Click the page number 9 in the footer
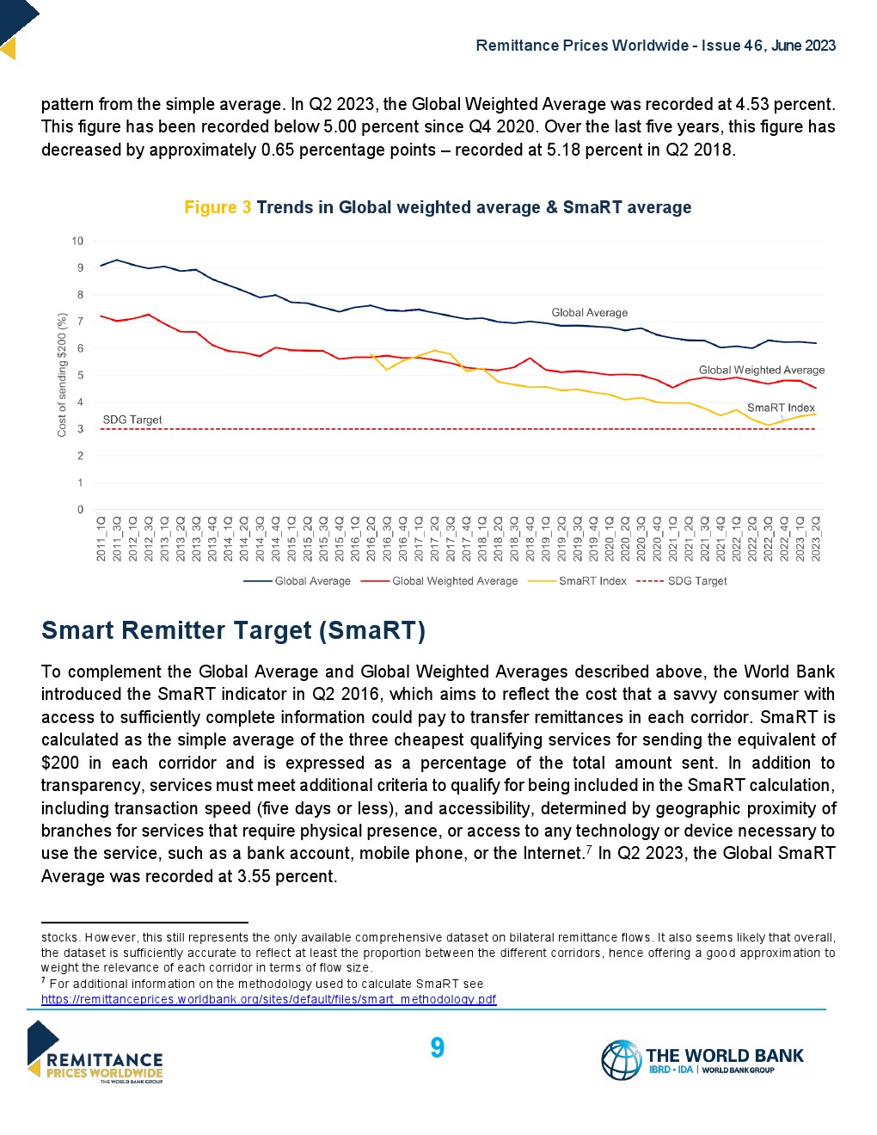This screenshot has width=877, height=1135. [x=437, y=1047]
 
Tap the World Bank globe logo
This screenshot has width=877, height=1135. [x=621, y=1059]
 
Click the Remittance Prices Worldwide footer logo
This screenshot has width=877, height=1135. [x=95, y=1052]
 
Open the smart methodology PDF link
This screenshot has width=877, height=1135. [x=268, y=999]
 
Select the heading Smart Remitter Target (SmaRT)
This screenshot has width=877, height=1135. [x=233, y=630]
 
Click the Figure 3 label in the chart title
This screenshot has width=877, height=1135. [x=218, y=207]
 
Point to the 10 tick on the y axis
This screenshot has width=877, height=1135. [x=77, y=241]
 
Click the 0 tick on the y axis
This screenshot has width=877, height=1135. [x=81, y=510]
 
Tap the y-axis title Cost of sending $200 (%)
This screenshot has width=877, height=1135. [x=62, y=374]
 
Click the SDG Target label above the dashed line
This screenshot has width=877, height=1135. [x=132, y=420]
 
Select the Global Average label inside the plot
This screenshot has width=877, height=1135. [x=589, y=312]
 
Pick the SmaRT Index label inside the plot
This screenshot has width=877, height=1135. [x=781, y=408]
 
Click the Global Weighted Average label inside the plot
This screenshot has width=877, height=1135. [x=761, y=370]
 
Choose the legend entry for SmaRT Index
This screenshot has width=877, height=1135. [x=592, y=581]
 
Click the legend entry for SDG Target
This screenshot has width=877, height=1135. [x=697, y=581]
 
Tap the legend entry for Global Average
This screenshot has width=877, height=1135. [x=312, y=581]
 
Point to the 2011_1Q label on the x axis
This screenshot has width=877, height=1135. [x=101, y=539]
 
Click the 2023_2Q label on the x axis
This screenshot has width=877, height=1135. [x=815, y=539]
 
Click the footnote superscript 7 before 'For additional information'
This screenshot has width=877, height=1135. [x=44, y=980]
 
